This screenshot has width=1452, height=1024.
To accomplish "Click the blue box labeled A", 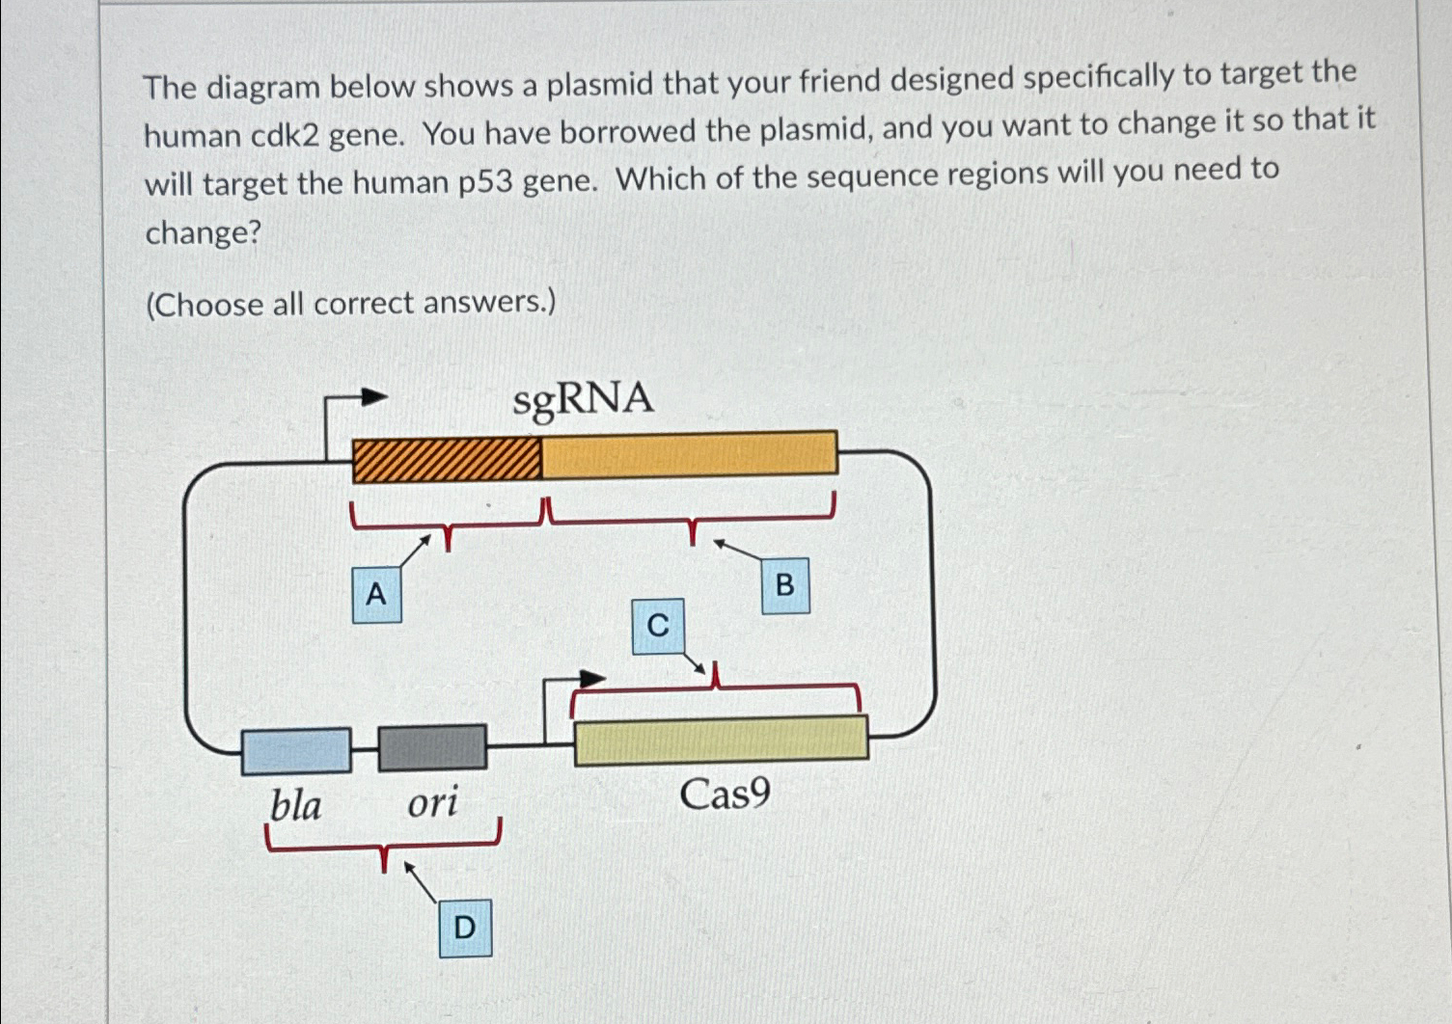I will click(376, 594).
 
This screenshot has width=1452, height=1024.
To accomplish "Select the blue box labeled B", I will click(784, 584).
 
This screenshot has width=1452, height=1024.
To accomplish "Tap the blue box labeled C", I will click(658, 626).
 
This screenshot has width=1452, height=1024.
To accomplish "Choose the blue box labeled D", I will click(465, 928).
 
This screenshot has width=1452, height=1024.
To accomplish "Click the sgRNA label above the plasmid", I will click(583, 398).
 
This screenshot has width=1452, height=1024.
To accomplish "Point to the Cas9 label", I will click(725, 795).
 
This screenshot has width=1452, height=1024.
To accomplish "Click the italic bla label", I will click(295, 804).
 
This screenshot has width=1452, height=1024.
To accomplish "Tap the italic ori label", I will click(432, 801).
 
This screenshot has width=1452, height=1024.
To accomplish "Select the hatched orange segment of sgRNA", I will click(447, 459).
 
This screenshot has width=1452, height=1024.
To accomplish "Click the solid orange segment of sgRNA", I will click(689, 454).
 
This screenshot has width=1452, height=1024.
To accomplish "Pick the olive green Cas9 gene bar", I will click(721, 741).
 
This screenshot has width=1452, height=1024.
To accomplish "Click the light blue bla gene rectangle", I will click(296, 751).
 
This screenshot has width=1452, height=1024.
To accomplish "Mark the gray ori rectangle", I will click(432, 748).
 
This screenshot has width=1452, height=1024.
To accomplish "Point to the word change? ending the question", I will click(204, 232).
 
